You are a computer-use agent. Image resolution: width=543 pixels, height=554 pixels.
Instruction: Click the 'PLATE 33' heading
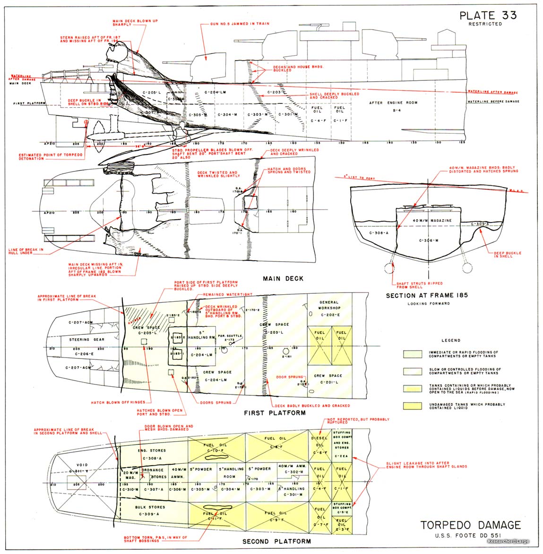488,15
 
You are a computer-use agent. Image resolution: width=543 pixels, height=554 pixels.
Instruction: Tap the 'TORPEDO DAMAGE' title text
470,525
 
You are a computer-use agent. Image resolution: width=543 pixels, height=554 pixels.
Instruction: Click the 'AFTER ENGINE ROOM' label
387,102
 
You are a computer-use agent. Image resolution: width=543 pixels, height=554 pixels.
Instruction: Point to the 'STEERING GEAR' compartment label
86,339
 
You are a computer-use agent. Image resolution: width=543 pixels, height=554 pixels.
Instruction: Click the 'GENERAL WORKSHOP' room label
329,305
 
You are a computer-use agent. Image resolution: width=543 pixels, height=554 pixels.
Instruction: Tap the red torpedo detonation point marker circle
86,122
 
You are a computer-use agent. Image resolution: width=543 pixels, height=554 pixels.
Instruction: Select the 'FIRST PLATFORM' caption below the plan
274,412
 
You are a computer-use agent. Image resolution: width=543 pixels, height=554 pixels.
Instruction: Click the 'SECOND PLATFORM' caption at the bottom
276,541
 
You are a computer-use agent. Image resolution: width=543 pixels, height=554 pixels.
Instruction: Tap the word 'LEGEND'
450,340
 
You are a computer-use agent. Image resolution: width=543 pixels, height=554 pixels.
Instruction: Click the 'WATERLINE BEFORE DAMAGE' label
493,102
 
